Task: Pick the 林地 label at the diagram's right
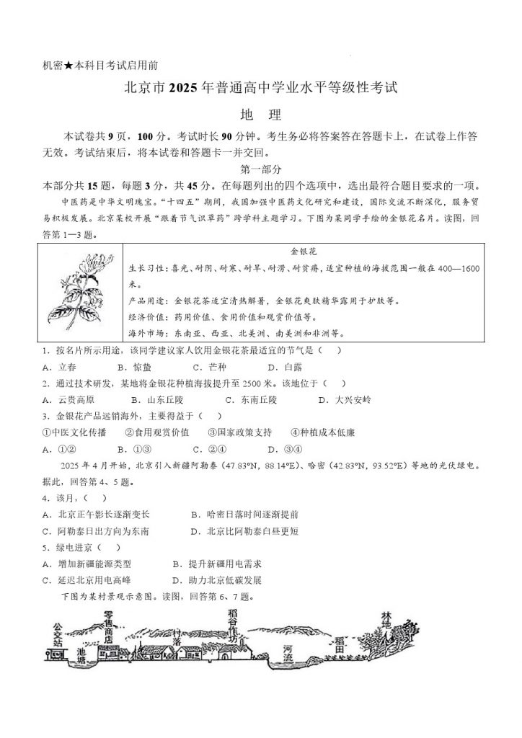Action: coord(387,621)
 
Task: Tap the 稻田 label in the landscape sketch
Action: coord(340,644)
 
